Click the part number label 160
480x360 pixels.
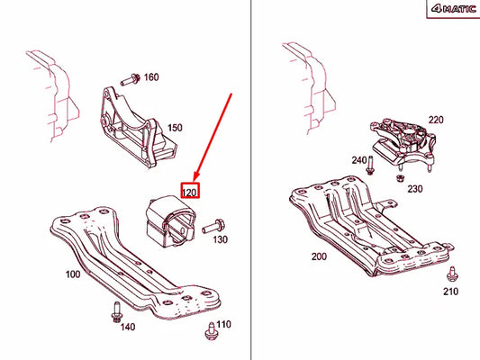(150, 77)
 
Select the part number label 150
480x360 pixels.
(174, 129)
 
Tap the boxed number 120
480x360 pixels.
(190, 192)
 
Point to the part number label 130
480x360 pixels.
(221, 241)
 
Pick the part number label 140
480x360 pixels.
(129, 328)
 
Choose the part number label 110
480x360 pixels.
(224, 324)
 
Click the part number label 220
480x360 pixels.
(436, 120)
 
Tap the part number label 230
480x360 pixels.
(414, 189)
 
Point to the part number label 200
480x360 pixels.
(319, 256)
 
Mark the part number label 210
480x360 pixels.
(451, 292)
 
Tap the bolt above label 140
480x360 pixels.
(117, 311)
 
